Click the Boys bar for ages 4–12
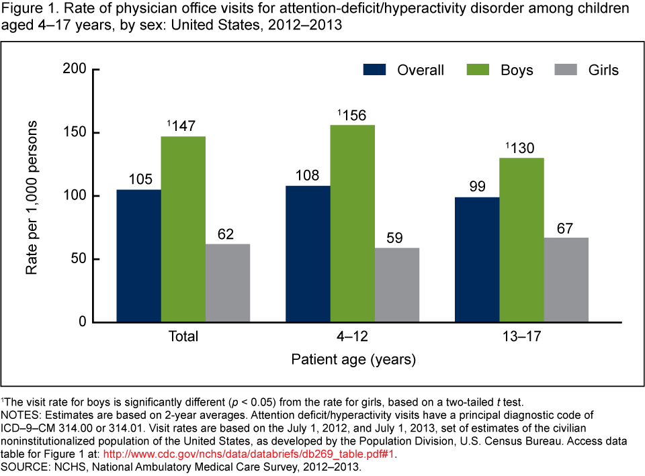(x=353, y=224)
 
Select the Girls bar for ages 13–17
(x=566, y=280)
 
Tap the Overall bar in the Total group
(x=138, y=256)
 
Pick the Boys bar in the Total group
(x=183, y=229)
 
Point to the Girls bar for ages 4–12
(x=397, y=285)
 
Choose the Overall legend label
(x=420, y=70)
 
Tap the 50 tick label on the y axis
(x=79, y=259)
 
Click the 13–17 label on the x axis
(x=522, y=336)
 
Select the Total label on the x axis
(x=183, y=336)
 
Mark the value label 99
(x=477, y=187)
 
